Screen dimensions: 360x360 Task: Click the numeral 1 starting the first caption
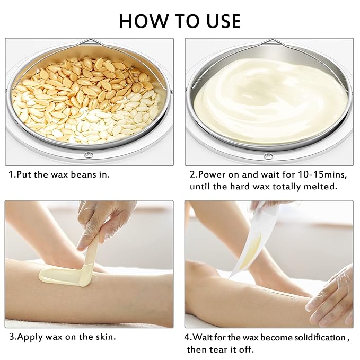point(11,174)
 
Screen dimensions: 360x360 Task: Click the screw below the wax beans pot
point(89,156)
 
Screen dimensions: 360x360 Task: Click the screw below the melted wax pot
point(268,156)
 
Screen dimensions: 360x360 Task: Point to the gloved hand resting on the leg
point(331,297)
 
